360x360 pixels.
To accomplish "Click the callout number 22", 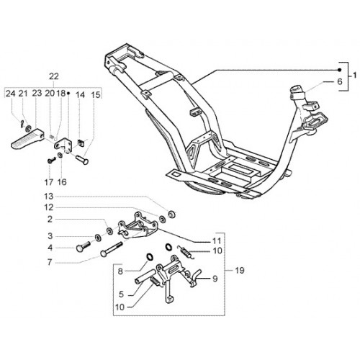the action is tap(54, 76).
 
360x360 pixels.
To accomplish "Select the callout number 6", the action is tap(340, 81).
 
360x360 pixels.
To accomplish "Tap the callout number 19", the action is tap(239, 271).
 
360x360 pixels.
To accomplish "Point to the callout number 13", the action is tap(48, 197).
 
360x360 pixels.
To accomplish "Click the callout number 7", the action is tap(50, 262).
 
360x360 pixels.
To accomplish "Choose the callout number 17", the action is tap(48, 182).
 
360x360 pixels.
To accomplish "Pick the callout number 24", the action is tap(10, 94).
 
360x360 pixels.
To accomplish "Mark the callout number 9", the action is tap(215, 279).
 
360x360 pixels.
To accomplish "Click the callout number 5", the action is tap(121, 294).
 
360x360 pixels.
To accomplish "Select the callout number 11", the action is tap(217, 240).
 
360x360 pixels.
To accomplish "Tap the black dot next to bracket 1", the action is tap(339, 70).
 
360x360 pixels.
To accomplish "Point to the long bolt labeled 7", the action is tap(112, 250).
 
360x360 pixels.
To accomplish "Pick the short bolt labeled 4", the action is tap(83, 246).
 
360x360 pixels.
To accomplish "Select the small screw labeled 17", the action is tap(52, 160).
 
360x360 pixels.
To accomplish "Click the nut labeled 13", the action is tap(171, 215).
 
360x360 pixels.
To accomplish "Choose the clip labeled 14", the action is tap(81, 143).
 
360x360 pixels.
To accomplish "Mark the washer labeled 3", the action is tap(98, 238).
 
